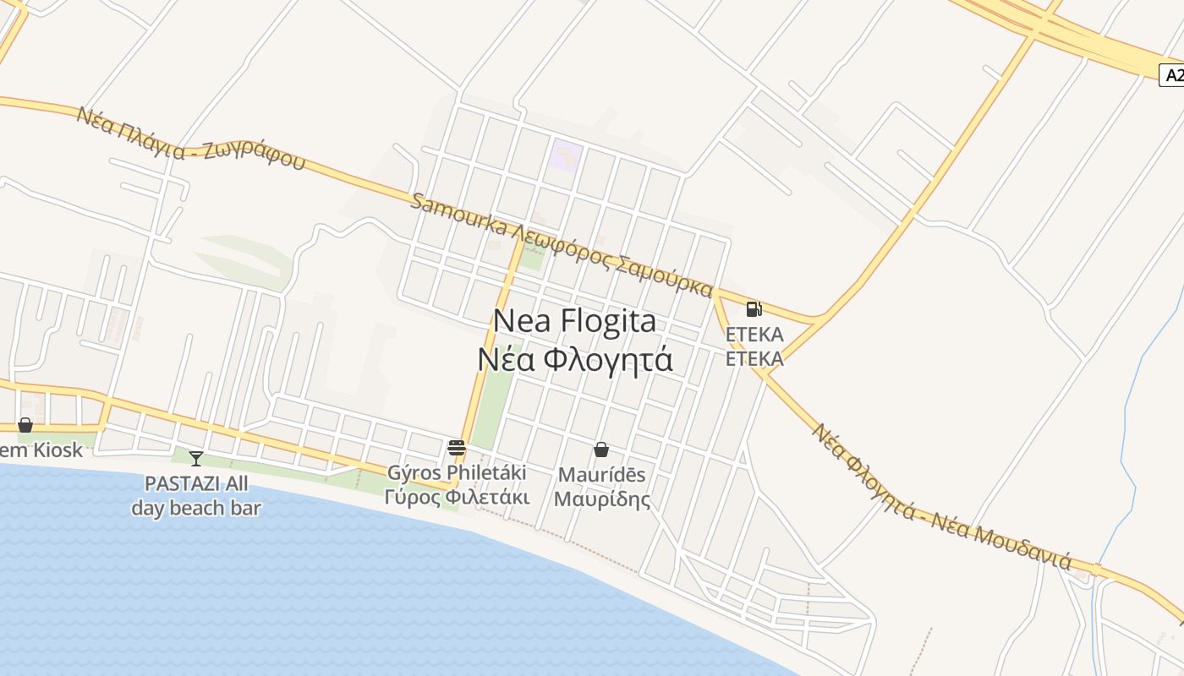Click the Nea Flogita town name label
[574, 321]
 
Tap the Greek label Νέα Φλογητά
[575, 359]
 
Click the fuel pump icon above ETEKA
[754, 309]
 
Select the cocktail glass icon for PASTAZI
[196, 458]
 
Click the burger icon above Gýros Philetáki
[457, 447]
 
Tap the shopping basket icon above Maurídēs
[601, 449]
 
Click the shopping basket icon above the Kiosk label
[25, 425]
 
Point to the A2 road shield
[1172, 75]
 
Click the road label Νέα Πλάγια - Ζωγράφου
[190, 138]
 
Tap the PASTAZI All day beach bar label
[196, 496]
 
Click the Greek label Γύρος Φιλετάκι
[457, 497]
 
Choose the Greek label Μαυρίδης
[602, 499]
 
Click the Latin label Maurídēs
[600, 474]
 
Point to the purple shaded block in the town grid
[566, 155]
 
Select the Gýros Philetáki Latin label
[457, 472]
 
